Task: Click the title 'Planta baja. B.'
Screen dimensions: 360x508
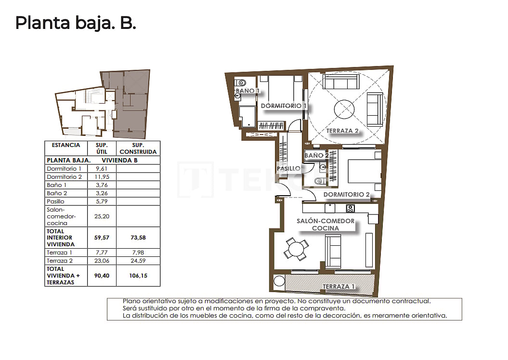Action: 76,23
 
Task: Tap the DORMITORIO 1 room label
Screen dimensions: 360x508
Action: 284,106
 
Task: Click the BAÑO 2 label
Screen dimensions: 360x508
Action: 317,156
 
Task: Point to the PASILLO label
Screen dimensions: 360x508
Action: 288,169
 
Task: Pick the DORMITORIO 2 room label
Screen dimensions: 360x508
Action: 346,195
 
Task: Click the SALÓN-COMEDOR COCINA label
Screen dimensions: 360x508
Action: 332,225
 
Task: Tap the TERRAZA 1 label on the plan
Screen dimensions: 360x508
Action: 339,286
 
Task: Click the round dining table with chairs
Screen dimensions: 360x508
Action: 295,250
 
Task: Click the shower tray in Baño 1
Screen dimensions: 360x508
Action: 247,117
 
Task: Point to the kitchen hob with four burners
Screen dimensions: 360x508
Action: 351,209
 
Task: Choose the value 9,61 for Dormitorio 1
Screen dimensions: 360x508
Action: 102,169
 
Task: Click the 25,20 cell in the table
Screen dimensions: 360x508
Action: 102,216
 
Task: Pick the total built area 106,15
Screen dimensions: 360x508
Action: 138,276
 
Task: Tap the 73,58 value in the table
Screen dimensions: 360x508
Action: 138,238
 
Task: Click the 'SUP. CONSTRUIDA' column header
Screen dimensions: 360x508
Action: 138,148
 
